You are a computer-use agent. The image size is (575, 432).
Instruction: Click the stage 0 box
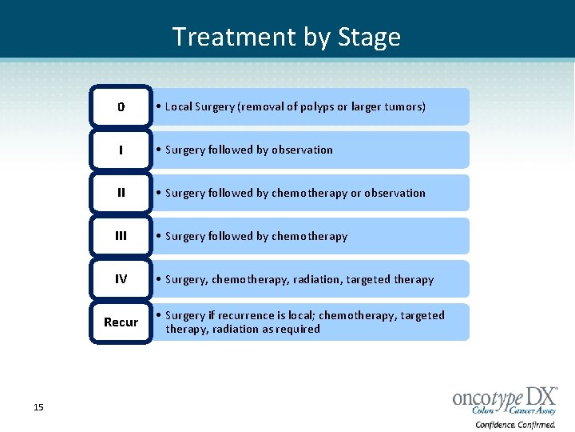121,106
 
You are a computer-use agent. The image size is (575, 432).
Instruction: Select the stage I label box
121,150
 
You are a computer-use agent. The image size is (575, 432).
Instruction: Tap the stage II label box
121,193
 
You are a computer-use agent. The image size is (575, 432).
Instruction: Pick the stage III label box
121,236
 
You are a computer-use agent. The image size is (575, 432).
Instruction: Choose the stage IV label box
121,279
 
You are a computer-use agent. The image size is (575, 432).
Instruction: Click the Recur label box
121,322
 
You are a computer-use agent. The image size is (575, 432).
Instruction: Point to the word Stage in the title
369,37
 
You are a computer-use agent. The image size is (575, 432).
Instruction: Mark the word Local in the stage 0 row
179,106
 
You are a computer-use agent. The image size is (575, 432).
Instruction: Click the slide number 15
38,408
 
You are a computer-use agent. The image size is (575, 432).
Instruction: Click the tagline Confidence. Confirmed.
516,424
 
